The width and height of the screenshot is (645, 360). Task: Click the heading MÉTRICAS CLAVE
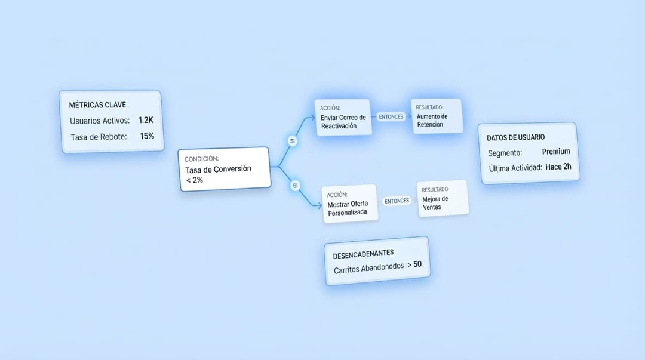(x=97, y=105)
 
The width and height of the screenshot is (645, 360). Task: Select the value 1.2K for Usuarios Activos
(x=146, y=120)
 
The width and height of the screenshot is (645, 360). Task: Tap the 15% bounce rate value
(x=147, y=136)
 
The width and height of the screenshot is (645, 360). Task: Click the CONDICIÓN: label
(x=201, y=159)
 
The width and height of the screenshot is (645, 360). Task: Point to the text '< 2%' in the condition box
(x=195, y=180)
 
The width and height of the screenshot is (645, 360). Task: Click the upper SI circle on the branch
(x=293, y=141)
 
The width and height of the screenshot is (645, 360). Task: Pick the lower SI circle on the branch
(x=295, y=186)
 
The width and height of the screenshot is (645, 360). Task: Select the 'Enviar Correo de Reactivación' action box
(x=343, y=117)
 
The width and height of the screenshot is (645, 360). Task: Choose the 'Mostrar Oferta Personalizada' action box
(x=349, y=204)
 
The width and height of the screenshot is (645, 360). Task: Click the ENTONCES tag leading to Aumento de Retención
(x=391, y=117)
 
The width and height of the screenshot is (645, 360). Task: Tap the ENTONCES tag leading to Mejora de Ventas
(x=397, y=201)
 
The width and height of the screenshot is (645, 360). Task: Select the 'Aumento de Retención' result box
(x=437, y=116)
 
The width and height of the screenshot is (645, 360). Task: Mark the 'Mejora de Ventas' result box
(x=443, y=198)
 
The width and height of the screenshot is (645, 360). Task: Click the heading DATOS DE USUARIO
(x=515, y=137)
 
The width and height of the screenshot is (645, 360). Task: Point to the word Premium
(x=556, y=152)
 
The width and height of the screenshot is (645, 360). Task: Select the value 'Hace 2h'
(x=558, y=167)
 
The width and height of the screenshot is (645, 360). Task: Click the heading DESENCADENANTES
(x=363, y=254)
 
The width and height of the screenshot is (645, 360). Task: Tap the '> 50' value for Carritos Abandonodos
(x=414, y=264)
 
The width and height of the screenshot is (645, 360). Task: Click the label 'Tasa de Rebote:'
(x=99, y=137)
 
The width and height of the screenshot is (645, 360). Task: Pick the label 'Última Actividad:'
(x=515, y=168)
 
